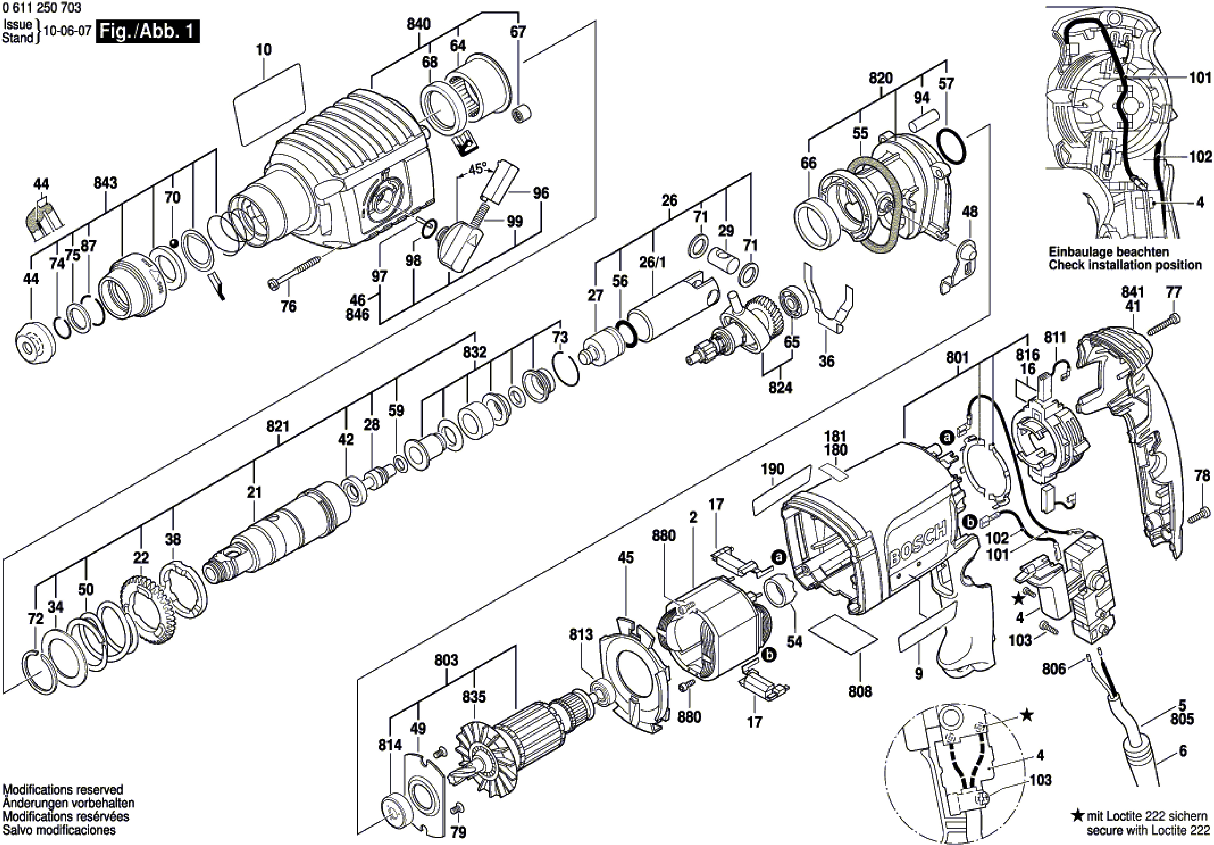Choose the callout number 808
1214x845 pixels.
[860, 691]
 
